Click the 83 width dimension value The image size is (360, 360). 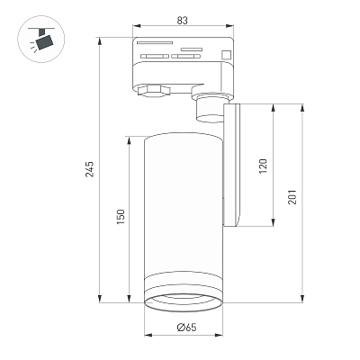[182, 21]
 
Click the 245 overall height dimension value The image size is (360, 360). [90, 169]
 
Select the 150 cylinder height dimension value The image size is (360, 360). [120, 217]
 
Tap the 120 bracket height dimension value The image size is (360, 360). [263, 166]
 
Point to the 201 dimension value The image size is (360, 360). [292, 197]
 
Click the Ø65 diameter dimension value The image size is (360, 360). [186, 327]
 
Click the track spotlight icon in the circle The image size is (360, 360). [41, 39]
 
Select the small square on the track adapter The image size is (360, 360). [226, 55]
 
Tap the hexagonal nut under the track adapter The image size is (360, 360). [153, 91]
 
